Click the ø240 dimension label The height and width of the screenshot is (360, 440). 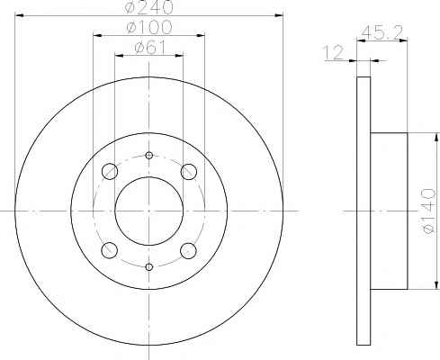click(149, 7)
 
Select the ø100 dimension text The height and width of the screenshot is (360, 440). click(149, 27)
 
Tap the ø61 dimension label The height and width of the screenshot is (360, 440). click(150, 47)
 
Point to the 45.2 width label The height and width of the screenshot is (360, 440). click(382, 32)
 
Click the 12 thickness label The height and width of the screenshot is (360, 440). click(333, 52)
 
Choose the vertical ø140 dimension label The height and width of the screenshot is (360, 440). click(428, 211)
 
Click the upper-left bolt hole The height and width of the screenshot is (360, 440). click(110, 172)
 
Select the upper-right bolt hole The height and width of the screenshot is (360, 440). click(189, 172)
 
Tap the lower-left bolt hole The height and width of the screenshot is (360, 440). click(110, 250)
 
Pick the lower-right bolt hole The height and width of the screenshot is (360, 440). click(189, 250)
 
